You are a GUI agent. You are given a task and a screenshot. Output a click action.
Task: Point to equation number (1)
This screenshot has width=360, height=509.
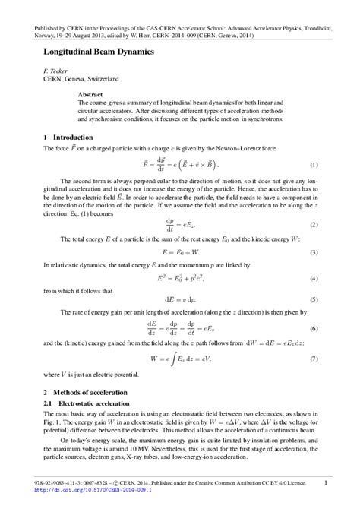pos(314,165)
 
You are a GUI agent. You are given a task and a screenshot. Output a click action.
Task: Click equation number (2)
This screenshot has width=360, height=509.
pos(314,226)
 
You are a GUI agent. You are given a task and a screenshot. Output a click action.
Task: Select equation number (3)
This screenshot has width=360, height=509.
pos(314,252)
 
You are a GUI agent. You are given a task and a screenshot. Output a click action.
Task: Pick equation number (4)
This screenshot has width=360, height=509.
pos(314,278)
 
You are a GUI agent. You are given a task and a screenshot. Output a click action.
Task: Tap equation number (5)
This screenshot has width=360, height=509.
pos(314,300)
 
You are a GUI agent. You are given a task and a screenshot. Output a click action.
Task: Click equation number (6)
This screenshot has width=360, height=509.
pos(314,327)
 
